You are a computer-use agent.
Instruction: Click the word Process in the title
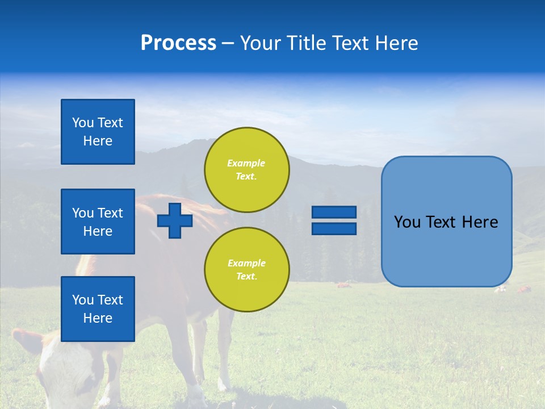178,43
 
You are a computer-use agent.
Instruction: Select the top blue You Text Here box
98,132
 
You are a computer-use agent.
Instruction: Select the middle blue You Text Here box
98,222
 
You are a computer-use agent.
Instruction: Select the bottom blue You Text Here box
98,309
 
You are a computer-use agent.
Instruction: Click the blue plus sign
175,220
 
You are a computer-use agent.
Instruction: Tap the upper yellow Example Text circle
246,170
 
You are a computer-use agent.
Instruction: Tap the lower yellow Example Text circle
246,270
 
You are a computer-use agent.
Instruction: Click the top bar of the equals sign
334,212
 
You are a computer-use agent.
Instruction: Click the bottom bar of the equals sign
334,228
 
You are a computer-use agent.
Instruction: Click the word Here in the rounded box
480,222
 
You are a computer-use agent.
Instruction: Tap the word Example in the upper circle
246,163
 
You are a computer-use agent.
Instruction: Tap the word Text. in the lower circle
246,277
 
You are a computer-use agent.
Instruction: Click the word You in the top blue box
82,123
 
